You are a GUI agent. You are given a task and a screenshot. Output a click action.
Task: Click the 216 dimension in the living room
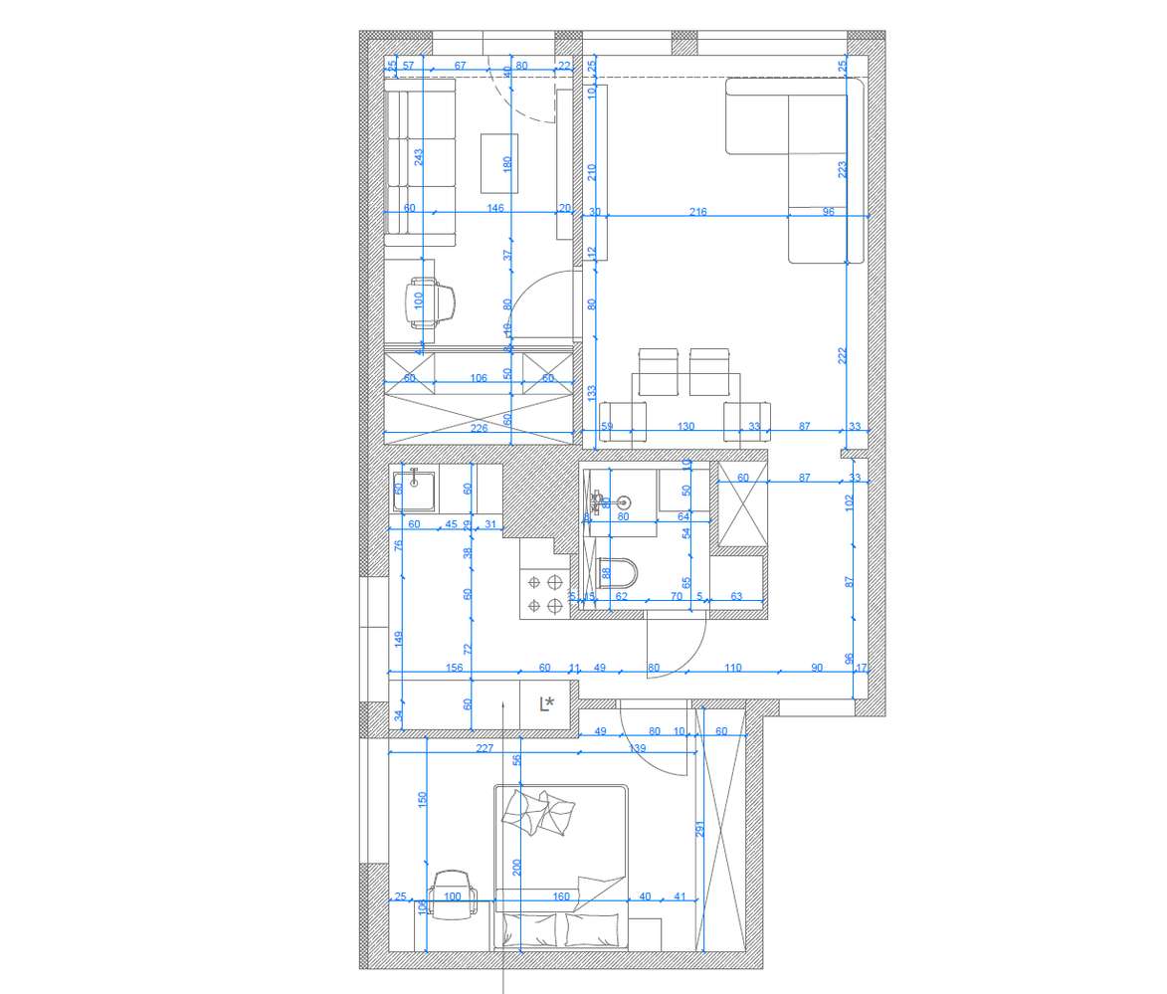click(x=697, y=212)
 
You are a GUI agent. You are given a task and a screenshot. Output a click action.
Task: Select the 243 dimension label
click(x=419, y=156)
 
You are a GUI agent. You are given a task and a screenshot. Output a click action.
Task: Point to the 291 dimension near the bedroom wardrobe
click(x=699, y=828)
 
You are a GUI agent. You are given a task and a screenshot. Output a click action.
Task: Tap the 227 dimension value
click(x=485, y=748)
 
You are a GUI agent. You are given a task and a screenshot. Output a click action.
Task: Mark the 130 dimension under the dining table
click(x=685, y=427)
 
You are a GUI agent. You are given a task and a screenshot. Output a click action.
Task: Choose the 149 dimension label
click(x=398, y=639)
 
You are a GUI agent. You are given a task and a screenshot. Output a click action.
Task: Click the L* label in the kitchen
click(x=546, y=704)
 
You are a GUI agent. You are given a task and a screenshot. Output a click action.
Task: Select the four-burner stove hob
click(x=544, y=593)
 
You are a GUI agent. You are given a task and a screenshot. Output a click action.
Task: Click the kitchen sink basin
click(x=416, y=488)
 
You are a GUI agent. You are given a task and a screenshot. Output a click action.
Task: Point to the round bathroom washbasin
click(x=625, y=502)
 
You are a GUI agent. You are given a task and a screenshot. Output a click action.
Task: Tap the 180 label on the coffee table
click(x=506, y=162)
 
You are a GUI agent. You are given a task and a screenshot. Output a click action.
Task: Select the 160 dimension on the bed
click(x=561, y=896)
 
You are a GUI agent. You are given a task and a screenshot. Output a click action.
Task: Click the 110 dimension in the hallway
click(x=733, y=668)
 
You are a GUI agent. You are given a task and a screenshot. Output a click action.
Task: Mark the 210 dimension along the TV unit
click(x=592, y=171)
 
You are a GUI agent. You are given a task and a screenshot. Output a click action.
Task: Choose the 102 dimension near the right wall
click(x=848, y=502)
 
